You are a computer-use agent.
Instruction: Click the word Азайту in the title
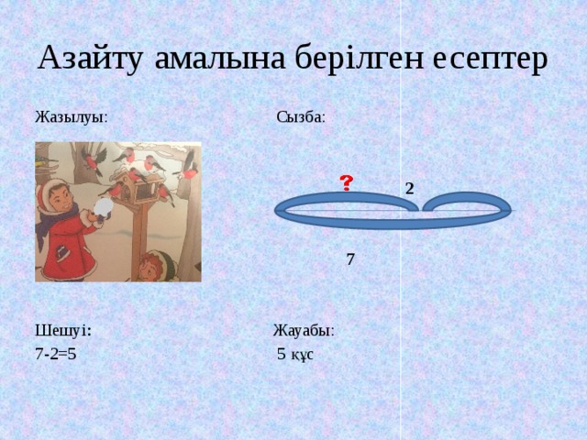click(90, 59)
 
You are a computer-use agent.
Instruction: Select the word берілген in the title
click(359, 59)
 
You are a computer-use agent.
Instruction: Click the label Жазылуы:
click(72, 117)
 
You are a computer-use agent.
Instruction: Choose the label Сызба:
click(301, 117)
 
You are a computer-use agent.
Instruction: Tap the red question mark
click(347, 183)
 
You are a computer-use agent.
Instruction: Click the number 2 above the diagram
click(410, 189)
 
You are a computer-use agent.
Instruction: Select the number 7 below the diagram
click(350, 259)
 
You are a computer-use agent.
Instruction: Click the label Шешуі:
click(63, 331)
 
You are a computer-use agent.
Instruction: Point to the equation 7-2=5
click(56, 354)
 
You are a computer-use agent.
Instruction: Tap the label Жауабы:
click(304, 331)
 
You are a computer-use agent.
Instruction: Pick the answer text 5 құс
click(295, 354)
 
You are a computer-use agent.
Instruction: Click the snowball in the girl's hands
click(103, 207)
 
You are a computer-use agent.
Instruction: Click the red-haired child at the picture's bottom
click(155, 266)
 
